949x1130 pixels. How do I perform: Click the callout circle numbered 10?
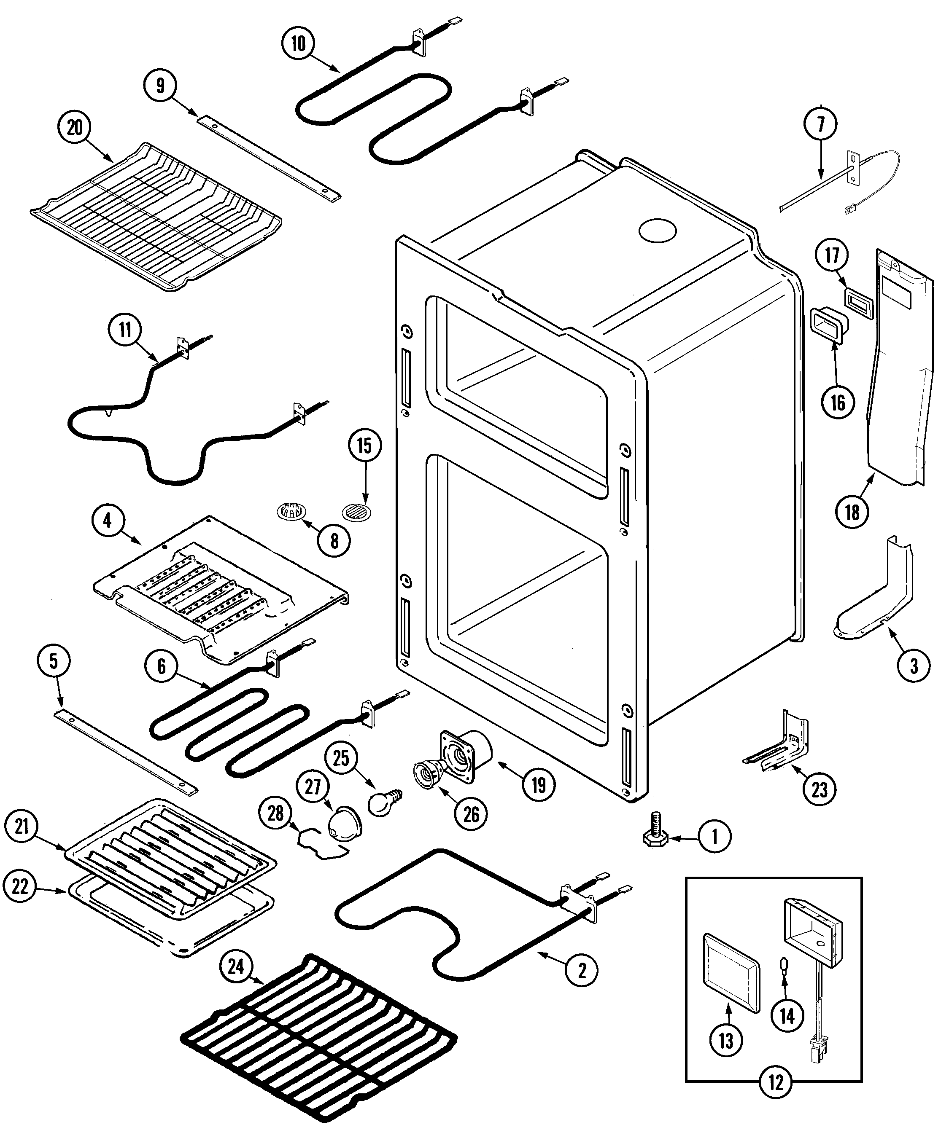[298, 43]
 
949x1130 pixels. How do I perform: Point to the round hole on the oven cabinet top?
[657, 230]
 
